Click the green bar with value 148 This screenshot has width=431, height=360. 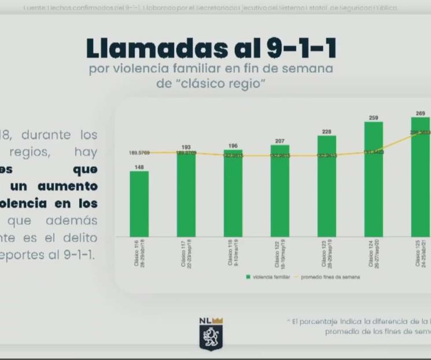pos(139,203)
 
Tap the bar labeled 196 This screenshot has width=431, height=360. pos(233,193)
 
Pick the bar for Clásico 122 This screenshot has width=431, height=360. pos(280,190)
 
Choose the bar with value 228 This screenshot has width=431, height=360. pos(327,186)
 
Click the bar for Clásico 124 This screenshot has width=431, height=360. pos(374,179)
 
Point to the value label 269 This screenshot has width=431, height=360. pos(421,113)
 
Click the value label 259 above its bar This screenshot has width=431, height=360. pos(374,118)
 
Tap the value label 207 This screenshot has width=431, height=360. pos(280,141)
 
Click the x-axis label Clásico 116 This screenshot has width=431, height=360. pos(139,254)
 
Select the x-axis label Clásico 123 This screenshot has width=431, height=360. pos(327,254)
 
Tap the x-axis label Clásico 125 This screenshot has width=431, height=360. pos(421,254)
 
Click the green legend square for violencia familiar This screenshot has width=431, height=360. pos(248,277)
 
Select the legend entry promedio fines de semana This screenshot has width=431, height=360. pos(330,277)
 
